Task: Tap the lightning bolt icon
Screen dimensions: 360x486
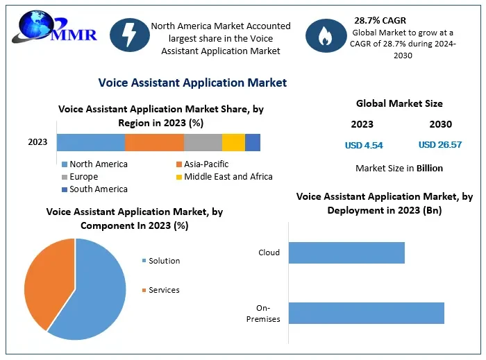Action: tap(129, 35)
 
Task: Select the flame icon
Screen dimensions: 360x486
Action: tap(324, 35)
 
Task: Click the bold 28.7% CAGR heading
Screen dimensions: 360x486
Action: tap(380, 20)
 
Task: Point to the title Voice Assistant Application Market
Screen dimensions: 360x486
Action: tap(192, 83)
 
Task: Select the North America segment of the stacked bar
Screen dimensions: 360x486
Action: tap(90, 142)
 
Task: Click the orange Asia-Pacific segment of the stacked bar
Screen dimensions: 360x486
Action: tap(154, 142)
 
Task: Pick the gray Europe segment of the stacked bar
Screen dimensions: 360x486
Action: tap(203, 142)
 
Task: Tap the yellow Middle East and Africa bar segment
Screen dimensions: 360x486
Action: tap(233, 142)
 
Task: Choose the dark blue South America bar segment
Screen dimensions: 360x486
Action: tap(253, 142)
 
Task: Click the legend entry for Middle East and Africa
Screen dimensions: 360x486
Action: tap(223, 177)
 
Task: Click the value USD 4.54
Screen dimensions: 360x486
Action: tap(364, 145)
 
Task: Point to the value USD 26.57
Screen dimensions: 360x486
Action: tap(439, 145)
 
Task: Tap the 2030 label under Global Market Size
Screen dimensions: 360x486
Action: tap(440, 124)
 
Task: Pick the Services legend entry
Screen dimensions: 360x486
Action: tap(163, 290)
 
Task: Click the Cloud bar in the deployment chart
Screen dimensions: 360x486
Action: tap(346, 252)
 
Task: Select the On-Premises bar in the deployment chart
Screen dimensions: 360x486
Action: tap(366, 313)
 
